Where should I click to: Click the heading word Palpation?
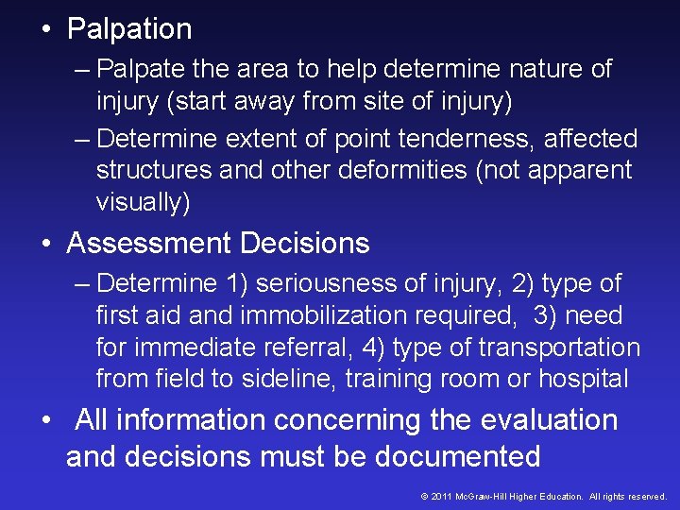click(x=129, y=29)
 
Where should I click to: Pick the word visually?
click(x=142, y=202)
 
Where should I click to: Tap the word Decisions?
click(x=305, y=244)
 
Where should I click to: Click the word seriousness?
click(x=331, y=283)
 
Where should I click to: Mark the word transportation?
click(x=559, y=348)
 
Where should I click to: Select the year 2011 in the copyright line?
click(x=442, y=496)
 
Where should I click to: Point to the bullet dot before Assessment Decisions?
click(x=46, y=244)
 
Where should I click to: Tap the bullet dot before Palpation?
click(x=46, y=29)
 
